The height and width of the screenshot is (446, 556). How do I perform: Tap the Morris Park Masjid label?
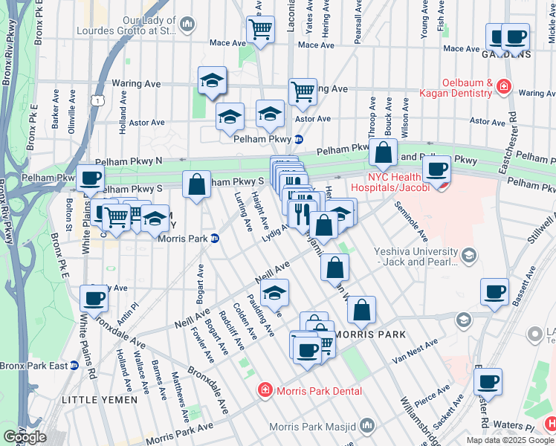pos(314,427)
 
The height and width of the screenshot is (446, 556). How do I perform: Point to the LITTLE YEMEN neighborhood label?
pos(100,400)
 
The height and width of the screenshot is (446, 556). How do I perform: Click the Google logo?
pos(25,436)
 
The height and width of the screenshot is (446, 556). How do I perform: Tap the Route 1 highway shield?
pos(97,99)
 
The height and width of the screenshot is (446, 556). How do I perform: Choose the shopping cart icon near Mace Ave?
pos(260,30)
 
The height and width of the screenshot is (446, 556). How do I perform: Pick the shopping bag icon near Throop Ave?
pos(383,153)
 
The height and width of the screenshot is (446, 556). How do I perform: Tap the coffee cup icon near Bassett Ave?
pos(494,291)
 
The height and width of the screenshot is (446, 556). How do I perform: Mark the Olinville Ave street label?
pos(72,118)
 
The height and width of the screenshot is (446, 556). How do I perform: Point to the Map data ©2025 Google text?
pos(511,440)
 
